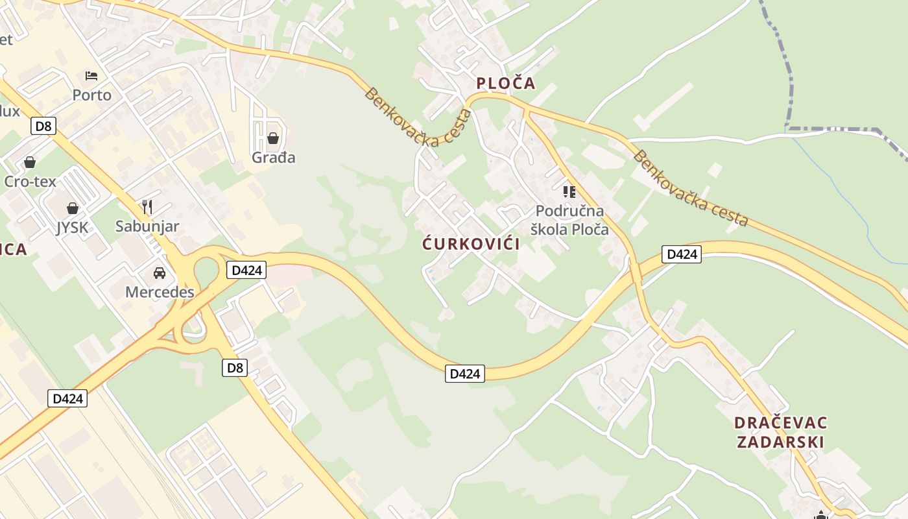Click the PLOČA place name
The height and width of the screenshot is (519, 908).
(x=506, y=83)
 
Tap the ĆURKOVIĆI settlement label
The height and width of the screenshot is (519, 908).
(x=471, y=244)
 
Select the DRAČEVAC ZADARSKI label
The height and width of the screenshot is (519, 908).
(x=780, y=433)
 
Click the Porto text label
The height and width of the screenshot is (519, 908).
(x=91, y=95)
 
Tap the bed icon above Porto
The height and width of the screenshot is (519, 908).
(x=91, y=76)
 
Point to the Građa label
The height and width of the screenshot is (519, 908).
(x=273, y=158)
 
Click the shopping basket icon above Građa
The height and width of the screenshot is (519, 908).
(x=273, y=138)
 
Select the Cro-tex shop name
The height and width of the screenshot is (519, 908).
(x=30, y=181)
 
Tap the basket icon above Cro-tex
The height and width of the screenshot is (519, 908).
(x=30, y=162)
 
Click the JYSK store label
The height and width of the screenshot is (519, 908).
(x=72, y=227)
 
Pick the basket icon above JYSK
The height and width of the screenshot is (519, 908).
(x=72, y=208)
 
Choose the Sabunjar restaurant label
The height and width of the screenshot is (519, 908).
(x=147, y=226)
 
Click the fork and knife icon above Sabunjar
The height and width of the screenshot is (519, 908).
(x=147, y=207)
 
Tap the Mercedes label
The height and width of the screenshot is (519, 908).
(x=160, y=292)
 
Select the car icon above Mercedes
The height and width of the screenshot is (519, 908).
(x=160, y=273)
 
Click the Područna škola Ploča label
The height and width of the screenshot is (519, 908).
(x=569, y=220)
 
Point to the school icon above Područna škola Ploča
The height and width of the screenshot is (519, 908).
(x=569, y=191)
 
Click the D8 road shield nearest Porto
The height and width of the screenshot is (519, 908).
(x=43, y=126)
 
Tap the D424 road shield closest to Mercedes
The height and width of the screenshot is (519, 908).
(x=246, y=270)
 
